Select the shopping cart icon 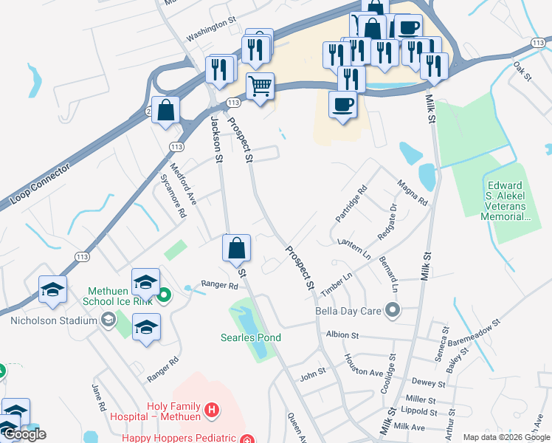coord(260,87)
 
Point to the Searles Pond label coord(252,337)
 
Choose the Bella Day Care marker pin coord(393,310)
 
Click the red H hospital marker coord(212,409)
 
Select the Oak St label coord(522,72)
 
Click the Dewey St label coord(429,383)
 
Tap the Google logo coord(25,434)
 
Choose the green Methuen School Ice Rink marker coord(165,297)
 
